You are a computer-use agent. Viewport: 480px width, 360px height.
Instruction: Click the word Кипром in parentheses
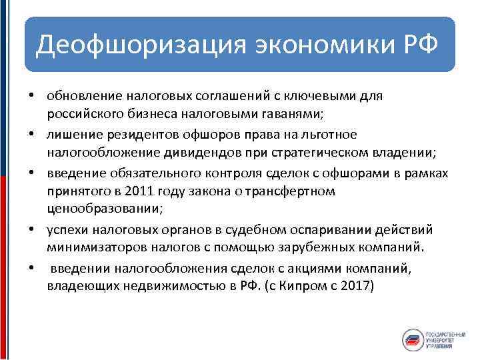click(x=303, y=287)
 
